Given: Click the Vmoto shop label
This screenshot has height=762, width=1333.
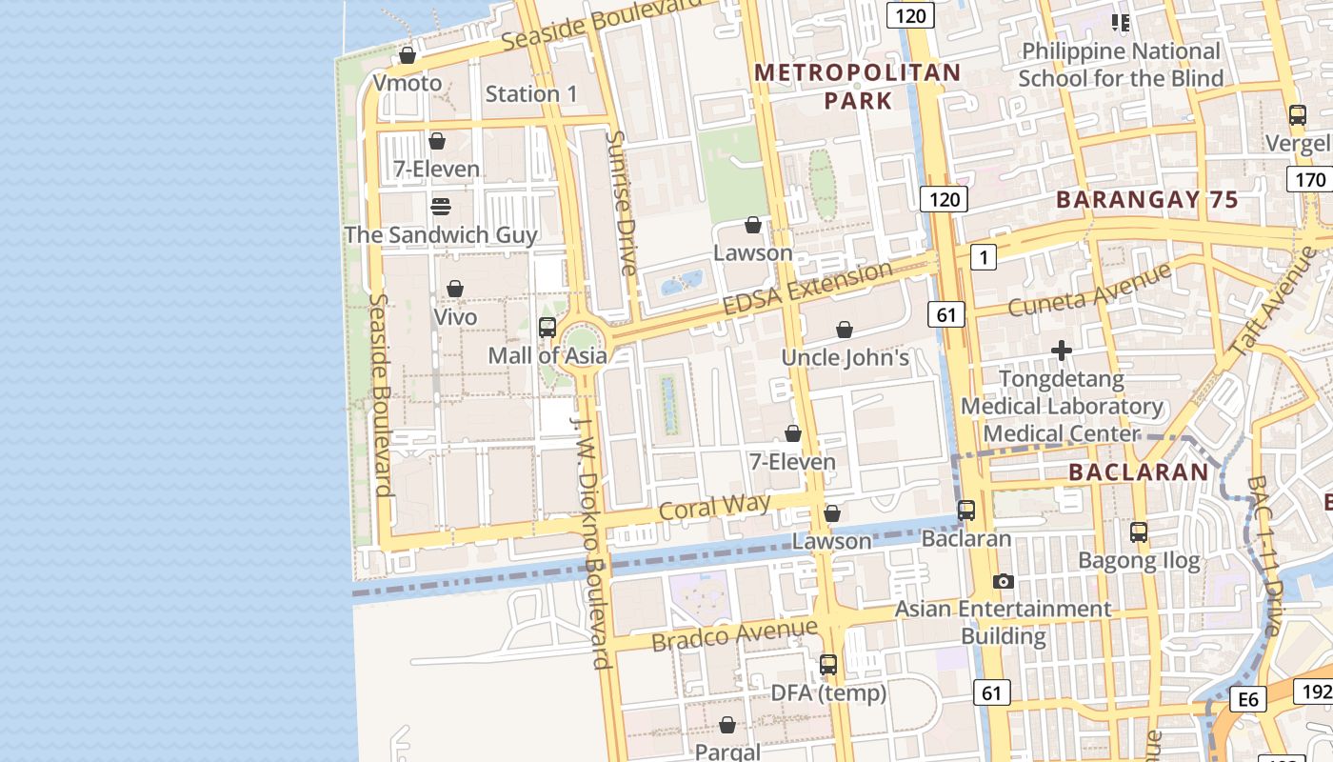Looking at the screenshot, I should click(408, 83).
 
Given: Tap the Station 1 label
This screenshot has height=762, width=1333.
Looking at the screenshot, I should click(531, 93).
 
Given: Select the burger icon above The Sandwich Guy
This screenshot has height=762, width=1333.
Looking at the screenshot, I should click(440, 207).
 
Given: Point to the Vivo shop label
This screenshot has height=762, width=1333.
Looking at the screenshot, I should click(455, 316).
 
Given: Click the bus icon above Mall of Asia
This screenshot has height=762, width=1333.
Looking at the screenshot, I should click(547, 328).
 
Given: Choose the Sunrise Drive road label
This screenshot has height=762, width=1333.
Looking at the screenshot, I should click(621, 203).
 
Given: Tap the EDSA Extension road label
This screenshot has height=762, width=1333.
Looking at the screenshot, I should click(807, 290).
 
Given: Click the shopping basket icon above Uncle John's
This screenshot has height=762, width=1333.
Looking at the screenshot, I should click(844, 331).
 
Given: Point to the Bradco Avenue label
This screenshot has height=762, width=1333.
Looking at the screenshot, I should click(734, 633).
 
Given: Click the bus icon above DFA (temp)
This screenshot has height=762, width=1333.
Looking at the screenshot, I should click(828, 665).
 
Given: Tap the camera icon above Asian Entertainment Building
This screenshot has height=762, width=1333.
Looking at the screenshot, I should click(1003, 581).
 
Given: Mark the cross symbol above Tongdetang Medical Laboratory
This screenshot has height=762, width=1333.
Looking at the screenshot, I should click(1062, 351).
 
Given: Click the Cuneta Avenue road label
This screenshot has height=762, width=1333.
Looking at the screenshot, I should click(1089, 291).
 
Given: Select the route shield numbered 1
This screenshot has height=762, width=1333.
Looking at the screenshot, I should click(984, 256).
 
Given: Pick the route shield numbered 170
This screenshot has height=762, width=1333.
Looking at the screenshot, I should click(1310, 179).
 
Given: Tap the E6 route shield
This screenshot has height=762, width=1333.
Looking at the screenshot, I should click(1248, 700).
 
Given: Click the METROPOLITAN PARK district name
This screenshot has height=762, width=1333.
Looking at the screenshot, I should click(858, 86).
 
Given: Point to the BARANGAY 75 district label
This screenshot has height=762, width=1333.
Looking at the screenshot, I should click(1146, 200).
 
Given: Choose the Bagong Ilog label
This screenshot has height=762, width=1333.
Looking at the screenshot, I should click(1139, 561).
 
